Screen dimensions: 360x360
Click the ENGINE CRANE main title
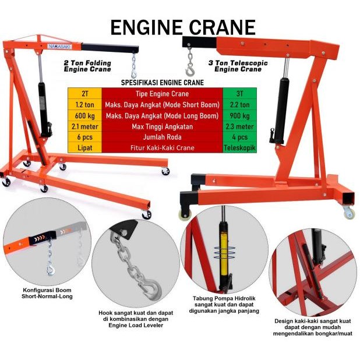coord(183,27)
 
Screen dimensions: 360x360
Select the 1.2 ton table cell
coord(84,105)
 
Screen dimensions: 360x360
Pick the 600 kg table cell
coord(84,115)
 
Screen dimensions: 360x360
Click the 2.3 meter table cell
coord(239,126)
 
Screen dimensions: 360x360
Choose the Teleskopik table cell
coord(239,148)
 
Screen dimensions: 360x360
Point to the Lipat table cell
coord(84,148)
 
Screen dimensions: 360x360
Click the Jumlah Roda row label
coord(162,137)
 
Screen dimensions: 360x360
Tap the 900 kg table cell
coord(239,115)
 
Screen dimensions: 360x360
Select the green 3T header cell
coord(239,94)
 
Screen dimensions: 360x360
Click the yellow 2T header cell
coord(84,94)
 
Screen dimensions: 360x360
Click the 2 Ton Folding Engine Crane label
coord(87,64)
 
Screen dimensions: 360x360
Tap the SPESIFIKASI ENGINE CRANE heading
coord(161,83)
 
